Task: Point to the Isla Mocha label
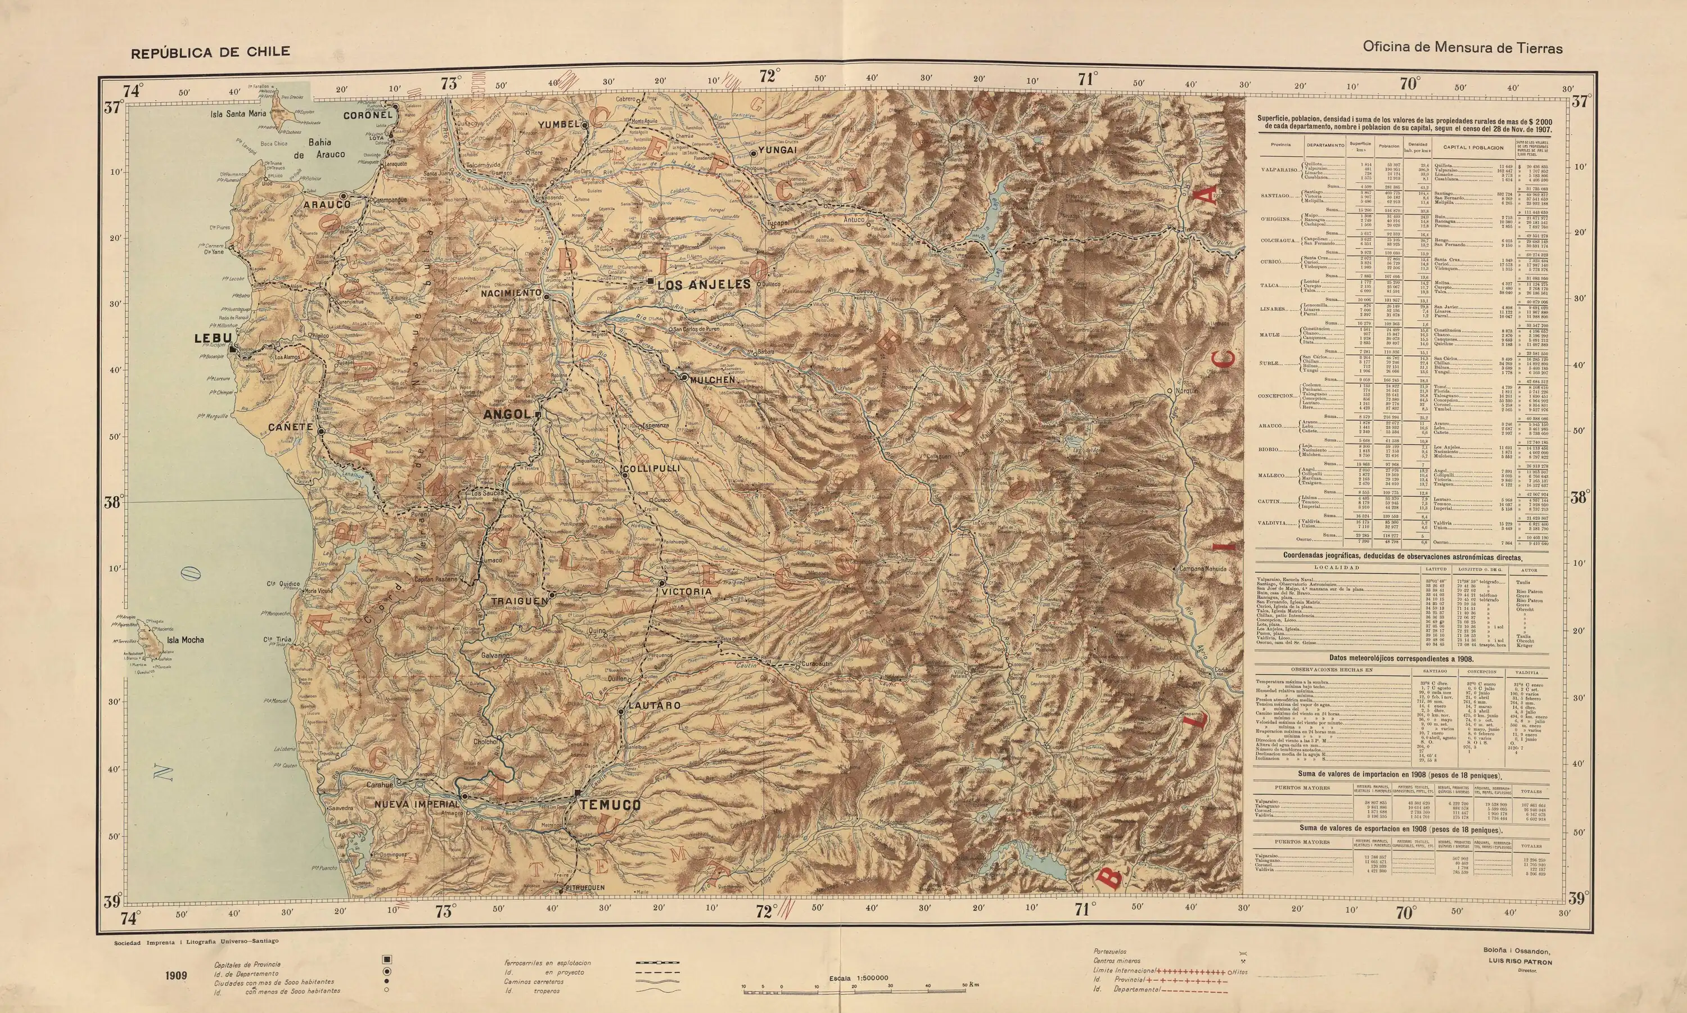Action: click(185, 640)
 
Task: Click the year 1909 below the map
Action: click(175, 975)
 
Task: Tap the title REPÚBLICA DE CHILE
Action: click(211, 52)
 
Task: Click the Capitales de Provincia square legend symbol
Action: click(387, 960)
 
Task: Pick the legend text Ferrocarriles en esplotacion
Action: click(548, 962)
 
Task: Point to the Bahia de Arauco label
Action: click(319, 148)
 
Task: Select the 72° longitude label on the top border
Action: click(769, 76)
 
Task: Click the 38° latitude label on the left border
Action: click(112, 503)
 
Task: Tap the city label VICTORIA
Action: click(685, 592)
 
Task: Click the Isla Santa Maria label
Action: click(238, 114)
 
